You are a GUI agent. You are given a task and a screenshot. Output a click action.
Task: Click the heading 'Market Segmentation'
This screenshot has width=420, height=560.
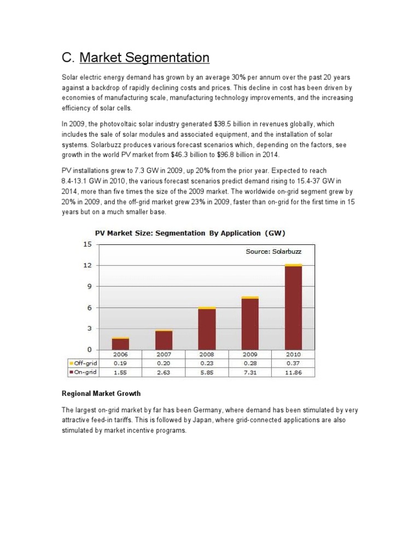click(x=144, y=57)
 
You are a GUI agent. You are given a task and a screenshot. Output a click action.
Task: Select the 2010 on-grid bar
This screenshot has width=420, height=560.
click(x=294, y=306)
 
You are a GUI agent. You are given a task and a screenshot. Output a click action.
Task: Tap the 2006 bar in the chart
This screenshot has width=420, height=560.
click(x=120, y=344)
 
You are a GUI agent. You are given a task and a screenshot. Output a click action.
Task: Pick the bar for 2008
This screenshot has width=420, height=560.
click(x=207, y=328)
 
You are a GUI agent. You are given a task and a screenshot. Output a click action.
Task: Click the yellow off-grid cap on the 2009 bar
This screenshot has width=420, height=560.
click(x=250, y=297)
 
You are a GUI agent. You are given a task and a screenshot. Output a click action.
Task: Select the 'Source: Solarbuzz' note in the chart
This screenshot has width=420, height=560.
click(x=273, y=252)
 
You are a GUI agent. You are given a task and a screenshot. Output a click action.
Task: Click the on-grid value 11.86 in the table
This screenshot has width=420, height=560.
click(x=294, y=372)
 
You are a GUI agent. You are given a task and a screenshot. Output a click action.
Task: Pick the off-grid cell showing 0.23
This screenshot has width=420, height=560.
click(x=207, y=363)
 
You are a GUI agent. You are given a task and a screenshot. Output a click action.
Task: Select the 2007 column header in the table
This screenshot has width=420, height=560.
click(x=164, y=354)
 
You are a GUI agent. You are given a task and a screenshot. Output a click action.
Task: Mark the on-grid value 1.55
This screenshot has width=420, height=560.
click(x=120, y=372)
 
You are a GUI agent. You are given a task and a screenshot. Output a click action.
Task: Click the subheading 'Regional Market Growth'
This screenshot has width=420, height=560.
click(x=101, y=393)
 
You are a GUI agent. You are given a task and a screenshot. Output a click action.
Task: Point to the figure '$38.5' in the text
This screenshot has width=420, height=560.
click(x=227, y=124)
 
